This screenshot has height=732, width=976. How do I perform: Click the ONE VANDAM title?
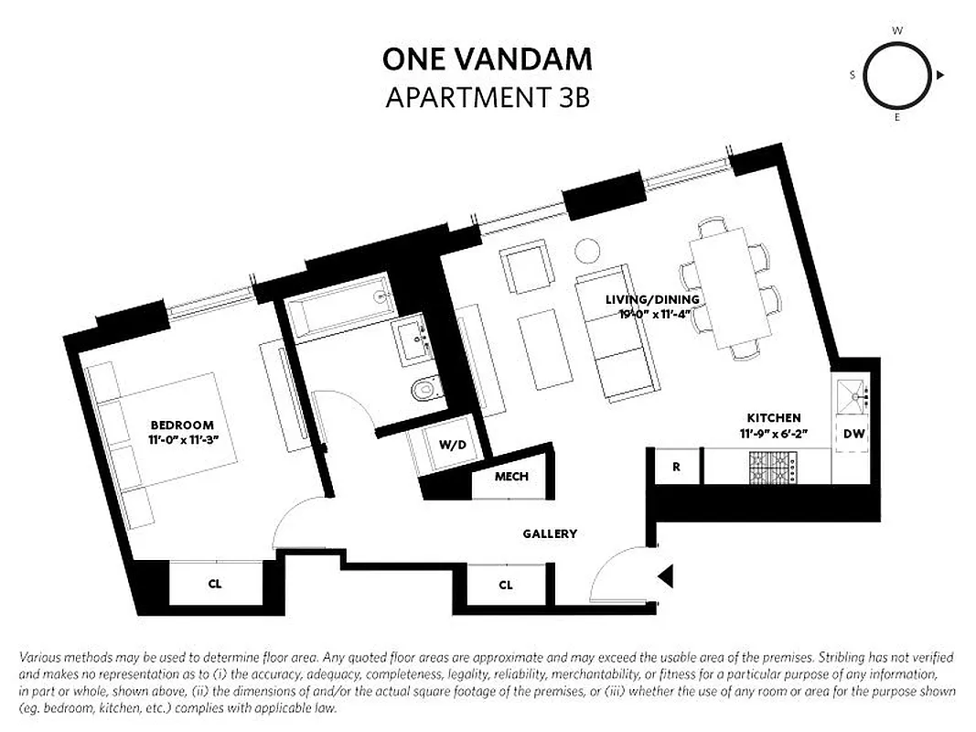(x=487, y=59)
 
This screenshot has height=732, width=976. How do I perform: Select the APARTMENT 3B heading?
(x=487, y=97)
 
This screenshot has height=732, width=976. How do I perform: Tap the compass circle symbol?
(x=896, y=75)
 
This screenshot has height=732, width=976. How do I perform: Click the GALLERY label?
(x=550, y=533)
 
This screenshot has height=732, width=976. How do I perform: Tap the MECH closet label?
(x=511, y=477)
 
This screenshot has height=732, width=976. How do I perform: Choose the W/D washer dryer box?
(x=452, y=446)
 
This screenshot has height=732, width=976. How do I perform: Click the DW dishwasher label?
(x=854, y=434)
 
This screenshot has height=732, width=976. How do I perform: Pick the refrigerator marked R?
(x=676, y=467)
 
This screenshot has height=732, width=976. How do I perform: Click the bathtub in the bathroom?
(x=338, y=305)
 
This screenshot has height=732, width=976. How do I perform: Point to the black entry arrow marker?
(x=666, y=576)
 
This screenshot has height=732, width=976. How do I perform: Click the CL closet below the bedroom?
(x=215, y=583)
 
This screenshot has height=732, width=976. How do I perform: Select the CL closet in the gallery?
(x=506, y=585)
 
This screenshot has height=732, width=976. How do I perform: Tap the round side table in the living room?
(x=586, y=250)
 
